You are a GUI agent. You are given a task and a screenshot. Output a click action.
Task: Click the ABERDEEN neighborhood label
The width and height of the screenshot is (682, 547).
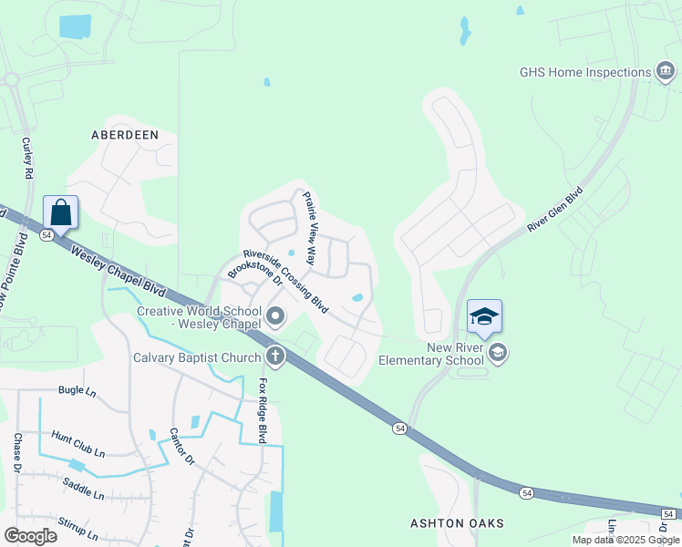click(125, 135)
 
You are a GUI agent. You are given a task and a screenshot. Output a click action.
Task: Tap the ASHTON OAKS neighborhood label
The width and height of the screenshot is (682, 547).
click(457, 523)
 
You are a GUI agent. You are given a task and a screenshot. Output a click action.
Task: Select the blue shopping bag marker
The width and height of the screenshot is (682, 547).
click(60, 213)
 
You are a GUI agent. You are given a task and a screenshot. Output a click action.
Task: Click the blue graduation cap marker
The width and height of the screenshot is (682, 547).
click(484, 316)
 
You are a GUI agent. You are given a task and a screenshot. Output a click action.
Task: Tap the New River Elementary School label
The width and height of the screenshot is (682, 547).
click(455, 353)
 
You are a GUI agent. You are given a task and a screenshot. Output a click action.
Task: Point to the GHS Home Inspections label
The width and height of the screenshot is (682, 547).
click(584, 72)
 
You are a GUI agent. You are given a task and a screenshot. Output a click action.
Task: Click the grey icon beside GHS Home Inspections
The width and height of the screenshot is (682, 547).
click(666, 72)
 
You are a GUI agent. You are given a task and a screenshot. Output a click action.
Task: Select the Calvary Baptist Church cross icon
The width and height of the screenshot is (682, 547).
click(274, 356)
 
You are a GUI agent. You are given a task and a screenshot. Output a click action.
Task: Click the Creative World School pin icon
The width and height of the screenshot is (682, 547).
click(275, 318)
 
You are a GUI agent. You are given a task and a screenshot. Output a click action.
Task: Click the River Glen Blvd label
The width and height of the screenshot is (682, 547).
click(554, 211)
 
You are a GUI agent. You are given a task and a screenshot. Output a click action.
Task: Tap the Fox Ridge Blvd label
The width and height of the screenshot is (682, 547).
click(263, 410)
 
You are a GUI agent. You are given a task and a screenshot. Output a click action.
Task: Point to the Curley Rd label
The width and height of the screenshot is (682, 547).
click(26, 158)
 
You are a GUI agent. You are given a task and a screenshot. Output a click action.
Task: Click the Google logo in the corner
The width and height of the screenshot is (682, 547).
click(30, 535)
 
